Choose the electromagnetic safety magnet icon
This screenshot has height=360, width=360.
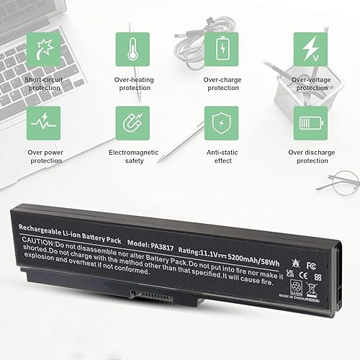132,123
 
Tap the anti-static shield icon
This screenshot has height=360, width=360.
221,123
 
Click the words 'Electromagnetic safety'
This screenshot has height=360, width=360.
132,156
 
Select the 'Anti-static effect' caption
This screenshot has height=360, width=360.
221,156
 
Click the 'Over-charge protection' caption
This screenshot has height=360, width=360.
221,83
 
